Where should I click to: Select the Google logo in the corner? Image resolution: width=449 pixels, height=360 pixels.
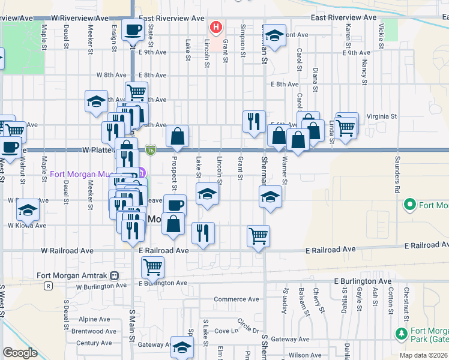point(20,353)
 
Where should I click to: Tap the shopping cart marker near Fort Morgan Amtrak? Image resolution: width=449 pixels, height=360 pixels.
point(153,266)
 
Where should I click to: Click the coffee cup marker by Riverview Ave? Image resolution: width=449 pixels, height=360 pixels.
point(133,29)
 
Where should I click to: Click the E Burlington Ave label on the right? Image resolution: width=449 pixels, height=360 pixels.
point(363,281)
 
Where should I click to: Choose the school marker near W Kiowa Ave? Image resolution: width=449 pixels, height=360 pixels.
point(27,211)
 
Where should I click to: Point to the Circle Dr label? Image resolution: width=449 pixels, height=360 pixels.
point(248,326)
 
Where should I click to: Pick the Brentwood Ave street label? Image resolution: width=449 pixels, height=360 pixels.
point(94,331)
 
